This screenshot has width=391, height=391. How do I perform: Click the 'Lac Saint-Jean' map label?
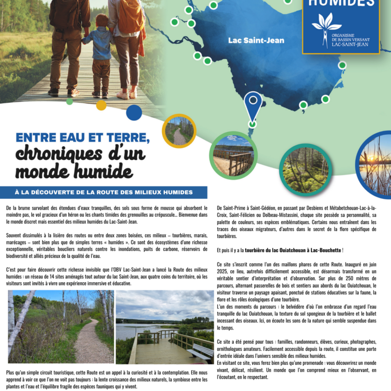coord(256,40)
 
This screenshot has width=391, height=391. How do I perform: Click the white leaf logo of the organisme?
coord(326,26)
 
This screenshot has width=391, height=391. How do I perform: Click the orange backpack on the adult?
coord(131,16)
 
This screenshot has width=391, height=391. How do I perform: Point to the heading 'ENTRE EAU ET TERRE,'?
coord(83,138)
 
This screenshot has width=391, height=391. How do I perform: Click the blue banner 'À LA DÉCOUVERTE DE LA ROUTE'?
coord(104,193)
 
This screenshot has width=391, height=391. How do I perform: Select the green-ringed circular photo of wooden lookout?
coord(233,155)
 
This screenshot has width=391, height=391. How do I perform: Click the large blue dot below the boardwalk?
coord(134,112)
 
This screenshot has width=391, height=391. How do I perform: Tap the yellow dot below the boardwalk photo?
coord(101,105)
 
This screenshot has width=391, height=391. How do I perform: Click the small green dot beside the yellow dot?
coord(70,101)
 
